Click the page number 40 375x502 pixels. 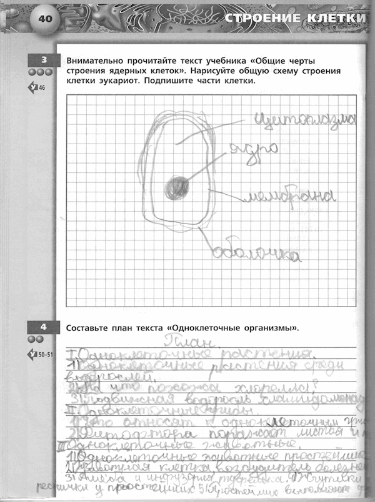click(x=45, y=18)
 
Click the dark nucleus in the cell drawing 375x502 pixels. click(x=177, y=186)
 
